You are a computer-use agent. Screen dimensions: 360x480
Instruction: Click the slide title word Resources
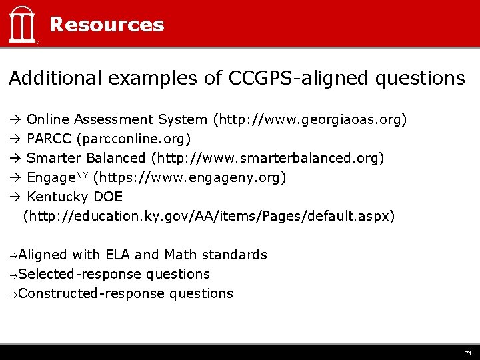point(107,25)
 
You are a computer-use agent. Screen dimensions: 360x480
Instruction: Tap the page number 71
point(468,353)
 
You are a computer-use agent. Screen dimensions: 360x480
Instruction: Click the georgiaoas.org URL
point(309,120)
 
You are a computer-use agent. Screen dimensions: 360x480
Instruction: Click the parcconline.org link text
point(134,139)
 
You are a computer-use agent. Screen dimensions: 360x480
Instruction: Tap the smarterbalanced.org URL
point(268,159)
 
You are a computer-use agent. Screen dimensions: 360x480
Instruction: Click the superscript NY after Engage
point(82,175)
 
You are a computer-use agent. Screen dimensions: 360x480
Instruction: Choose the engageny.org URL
point(191,178)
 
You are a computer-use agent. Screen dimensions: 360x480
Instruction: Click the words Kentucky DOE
point(75,197)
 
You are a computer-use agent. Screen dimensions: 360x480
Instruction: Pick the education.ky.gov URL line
point(209,217)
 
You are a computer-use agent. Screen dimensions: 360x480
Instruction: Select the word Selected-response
point(80,274)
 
